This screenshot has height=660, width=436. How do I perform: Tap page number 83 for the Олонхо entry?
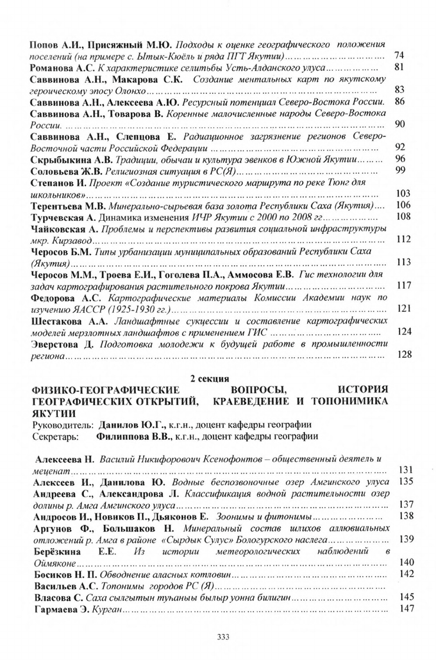coord(398,90)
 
